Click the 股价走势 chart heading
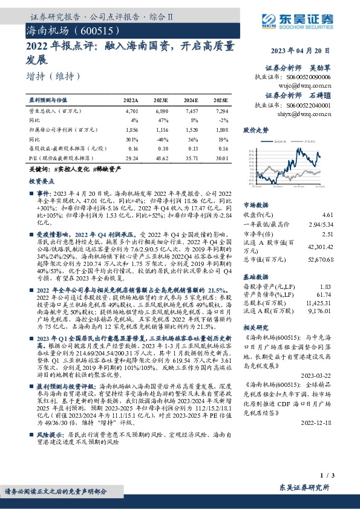(256, 130)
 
